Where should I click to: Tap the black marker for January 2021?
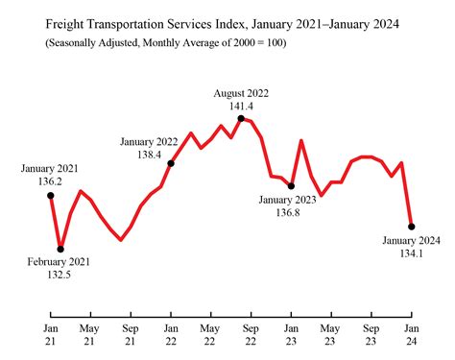tap(51, 196)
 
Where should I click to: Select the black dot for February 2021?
tap(60, 249)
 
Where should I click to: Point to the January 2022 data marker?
tap(171, 163)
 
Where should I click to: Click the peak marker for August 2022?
tap(241, 118)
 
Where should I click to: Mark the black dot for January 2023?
tap(291, 186)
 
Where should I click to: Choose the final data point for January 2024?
tap(412, 227)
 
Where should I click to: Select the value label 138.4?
tap(148, 154)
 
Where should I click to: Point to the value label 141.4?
tap(240, 106)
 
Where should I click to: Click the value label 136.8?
tap(287, 212)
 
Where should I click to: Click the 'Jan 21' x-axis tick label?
tap(50, 334)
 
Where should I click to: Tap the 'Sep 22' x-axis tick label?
tap(251, 334)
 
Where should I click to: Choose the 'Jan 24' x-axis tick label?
tap(411, 334)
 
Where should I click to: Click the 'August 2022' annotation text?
tap(241, 93)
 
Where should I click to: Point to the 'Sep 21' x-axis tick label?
tap(131, 334)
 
